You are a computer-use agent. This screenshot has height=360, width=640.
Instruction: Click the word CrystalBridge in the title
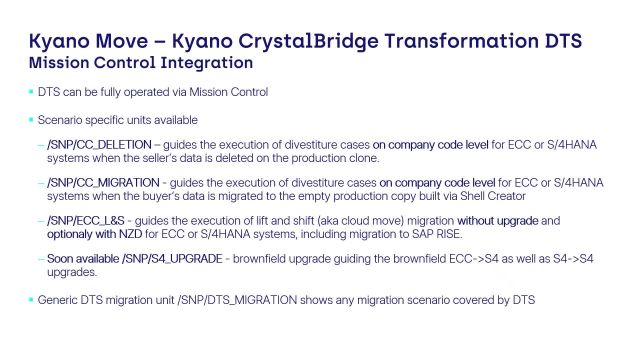[x=308, y=42]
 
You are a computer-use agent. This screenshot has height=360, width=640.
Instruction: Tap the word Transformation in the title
[x=461, y=41]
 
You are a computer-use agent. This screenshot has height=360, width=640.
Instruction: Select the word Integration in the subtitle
[x=207, y=63]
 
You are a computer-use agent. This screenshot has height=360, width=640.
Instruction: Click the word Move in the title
[x=122, y=41]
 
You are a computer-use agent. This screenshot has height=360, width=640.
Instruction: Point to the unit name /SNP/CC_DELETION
[x=99, y=145]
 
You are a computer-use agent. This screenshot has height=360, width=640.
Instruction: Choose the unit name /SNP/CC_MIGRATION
[x=103, y=183]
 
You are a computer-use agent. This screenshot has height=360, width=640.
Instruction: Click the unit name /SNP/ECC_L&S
[x=86, y=221]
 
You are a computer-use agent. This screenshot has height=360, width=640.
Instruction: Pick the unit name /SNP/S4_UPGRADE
[x=172, y=259]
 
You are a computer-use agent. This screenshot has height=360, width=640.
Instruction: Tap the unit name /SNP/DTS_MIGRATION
[x=237, y=300]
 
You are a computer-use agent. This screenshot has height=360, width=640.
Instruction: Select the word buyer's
[x=161, y=196]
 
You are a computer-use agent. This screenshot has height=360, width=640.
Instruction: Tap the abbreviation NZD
[x=130, y=234]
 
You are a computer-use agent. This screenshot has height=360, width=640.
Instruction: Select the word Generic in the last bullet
[x=58, y=300]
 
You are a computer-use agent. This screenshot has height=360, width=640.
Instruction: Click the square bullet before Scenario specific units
[x=31, y=120]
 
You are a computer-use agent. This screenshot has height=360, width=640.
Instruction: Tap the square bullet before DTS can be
[x=31, y=91]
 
